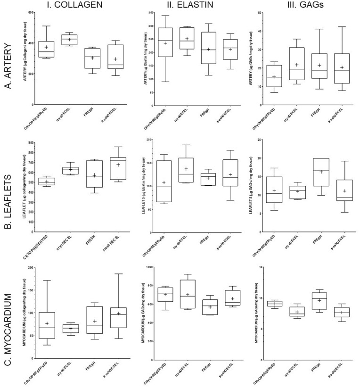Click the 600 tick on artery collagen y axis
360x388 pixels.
[x=32, y=12]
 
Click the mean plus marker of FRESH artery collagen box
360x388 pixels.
[x=93, y=58]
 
